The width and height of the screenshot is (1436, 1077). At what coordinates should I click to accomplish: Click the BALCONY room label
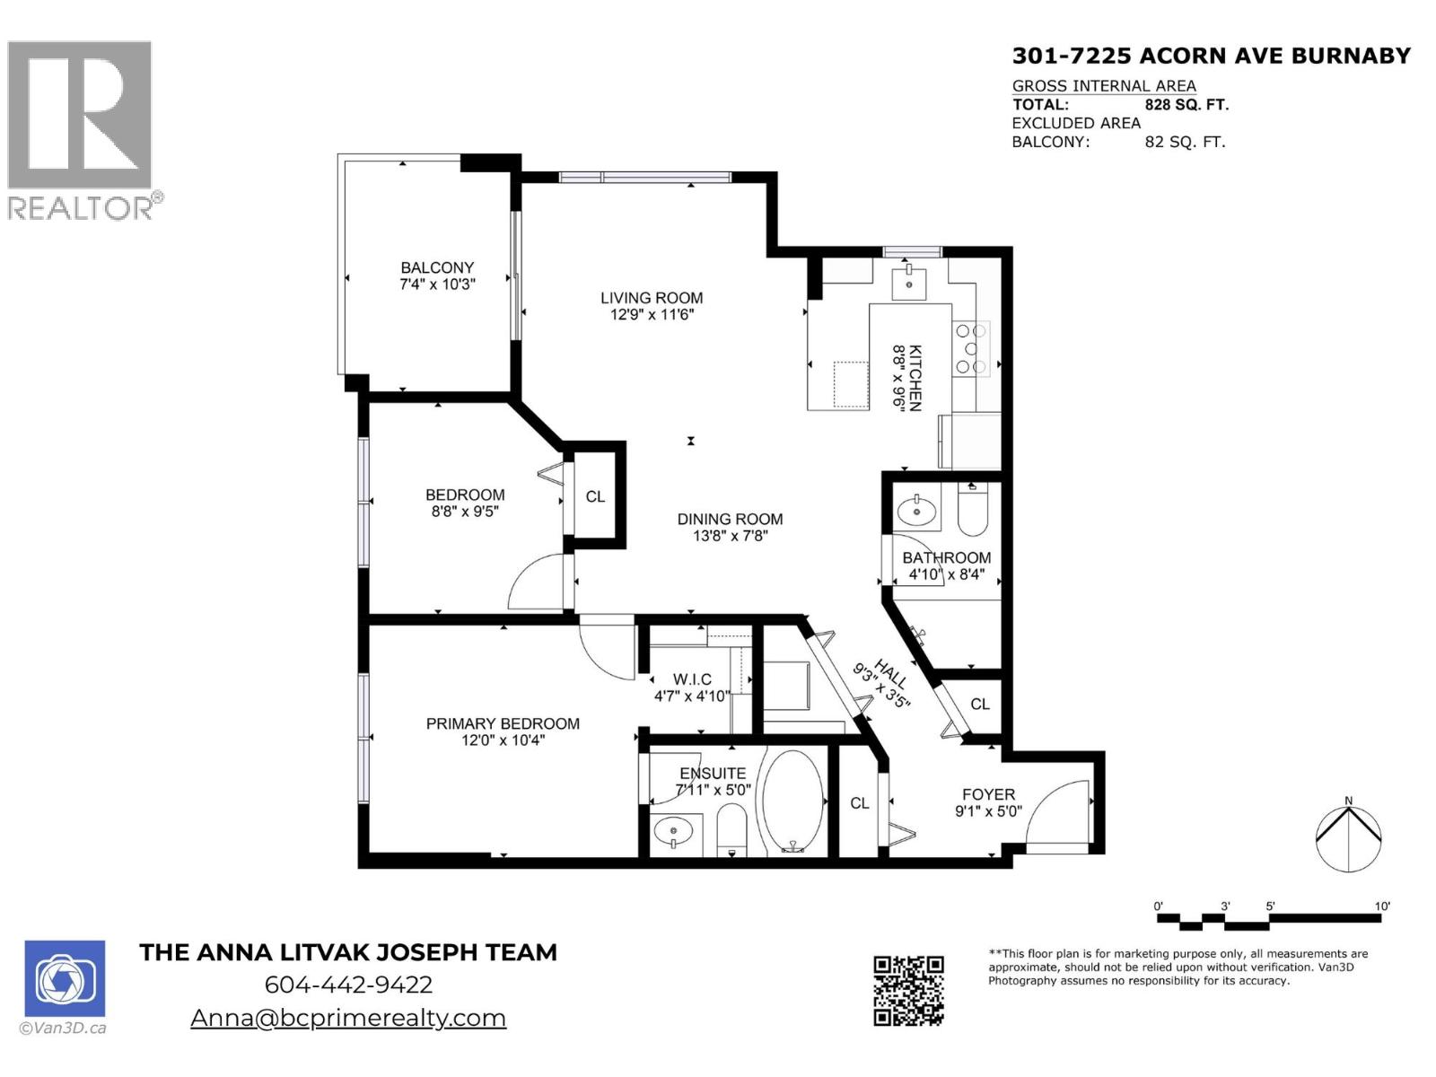pos(437,267)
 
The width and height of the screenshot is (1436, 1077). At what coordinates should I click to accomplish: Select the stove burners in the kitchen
pos(970,348)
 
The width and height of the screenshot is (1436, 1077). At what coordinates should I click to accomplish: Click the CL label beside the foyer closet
pos(859,803)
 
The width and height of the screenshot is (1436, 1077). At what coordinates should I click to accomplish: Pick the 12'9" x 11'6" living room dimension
pos(652,315)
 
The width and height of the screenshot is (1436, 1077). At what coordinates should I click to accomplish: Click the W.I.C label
pos(692,679)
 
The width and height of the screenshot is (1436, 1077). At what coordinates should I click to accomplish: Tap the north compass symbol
pos(1348,837)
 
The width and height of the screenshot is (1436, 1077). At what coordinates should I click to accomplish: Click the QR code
pos(908,991)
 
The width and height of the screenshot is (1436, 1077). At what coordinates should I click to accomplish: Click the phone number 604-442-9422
pos(348,985)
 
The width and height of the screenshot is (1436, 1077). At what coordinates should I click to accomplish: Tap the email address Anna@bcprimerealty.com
pos(348,1018)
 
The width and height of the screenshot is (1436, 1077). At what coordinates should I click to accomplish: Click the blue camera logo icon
pos(65,978)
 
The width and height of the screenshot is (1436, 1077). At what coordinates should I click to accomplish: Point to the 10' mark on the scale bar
pos(1382,907)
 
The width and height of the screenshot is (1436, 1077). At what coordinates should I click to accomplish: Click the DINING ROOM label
pos(730,519)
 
